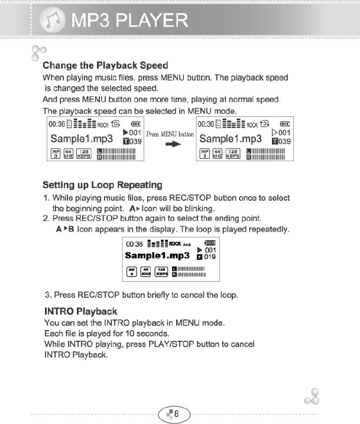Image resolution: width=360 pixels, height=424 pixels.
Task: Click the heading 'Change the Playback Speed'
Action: pos(106,65)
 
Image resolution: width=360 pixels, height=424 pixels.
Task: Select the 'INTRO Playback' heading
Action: pos(81,311)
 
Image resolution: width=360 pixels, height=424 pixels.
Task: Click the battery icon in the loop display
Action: pos(211,243)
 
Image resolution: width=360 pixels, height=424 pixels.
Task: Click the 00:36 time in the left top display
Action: pos(57,125)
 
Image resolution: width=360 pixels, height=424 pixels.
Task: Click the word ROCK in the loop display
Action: pos(175,243)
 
